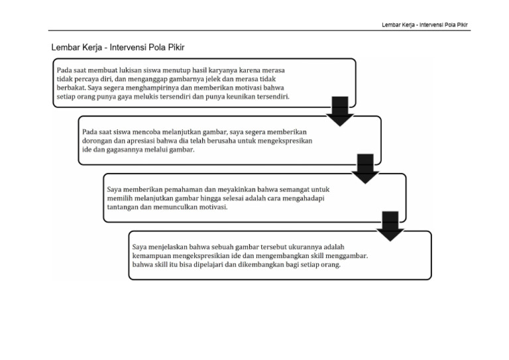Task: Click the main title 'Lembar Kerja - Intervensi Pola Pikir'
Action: tap(117, 48)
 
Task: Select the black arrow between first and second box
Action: tap(341, 111)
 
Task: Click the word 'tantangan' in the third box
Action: tap(125, 207)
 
